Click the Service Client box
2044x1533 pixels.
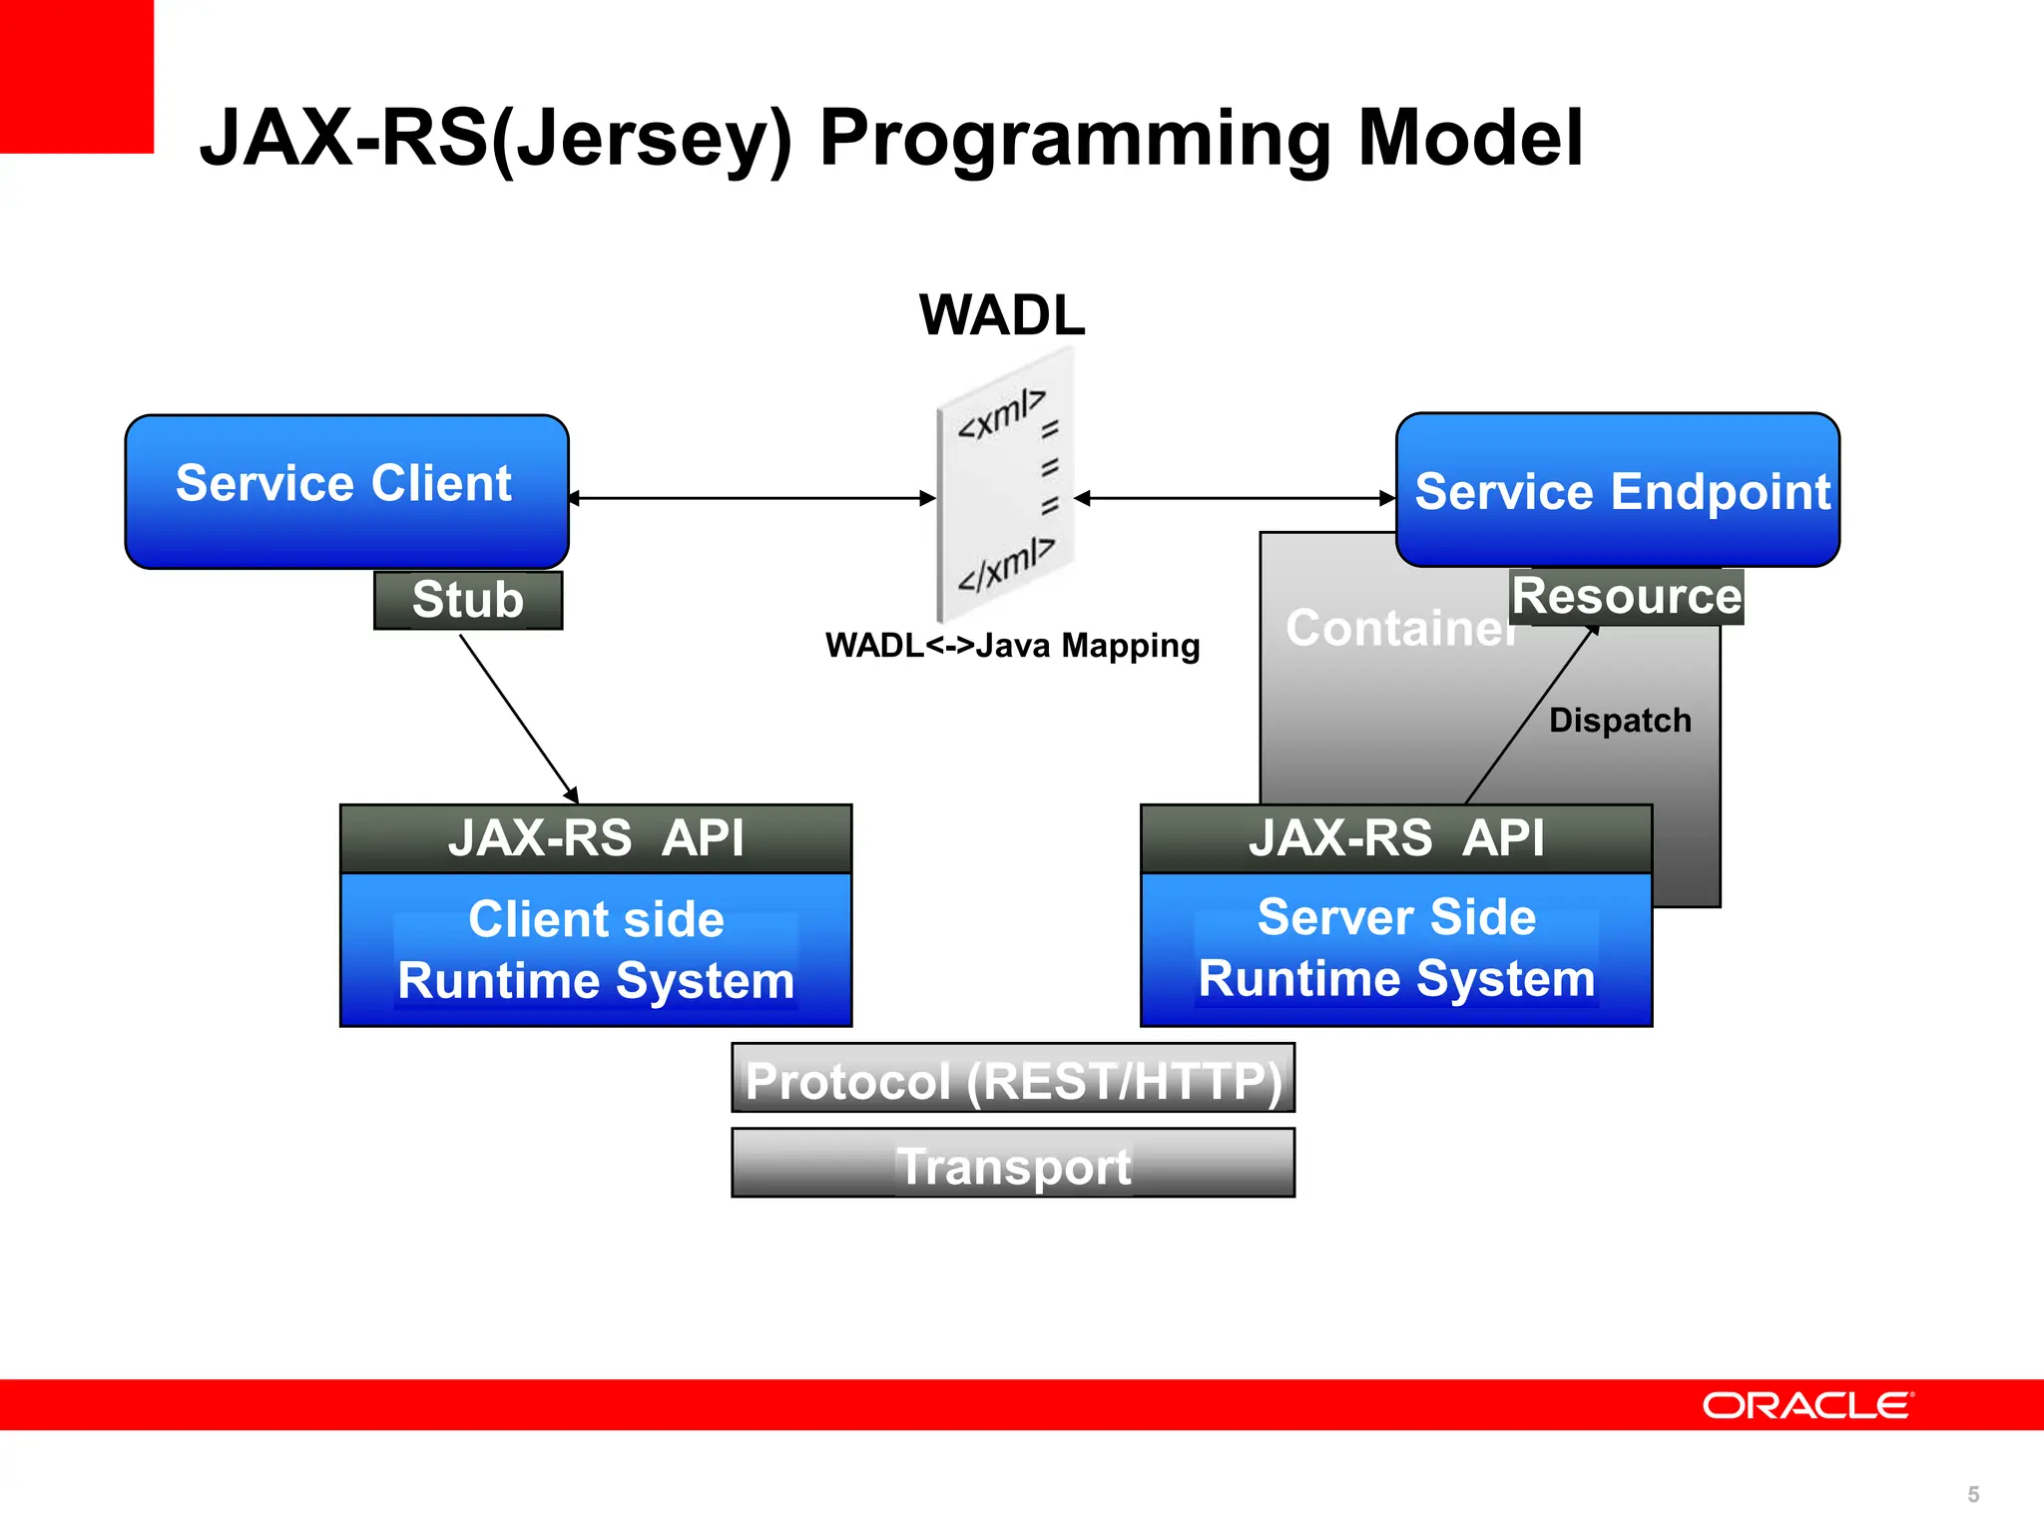pos(346,491)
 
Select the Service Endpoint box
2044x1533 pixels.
pos(1617,490)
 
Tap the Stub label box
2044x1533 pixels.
pos(468,600)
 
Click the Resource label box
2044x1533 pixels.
pos(1626,597)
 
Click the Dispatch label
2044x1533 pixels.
pos(1619,721)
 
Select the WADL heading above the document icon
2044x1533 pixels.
pos(1001,315)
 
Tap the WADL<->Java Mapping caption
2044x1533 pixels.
pos(1012,646)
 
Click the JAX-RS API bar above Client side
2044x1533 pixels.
pos(596,838)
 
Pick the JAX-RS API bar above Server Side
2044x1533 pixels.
pos(1396,838)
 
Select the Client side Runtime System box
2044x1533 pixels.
pos(596,949)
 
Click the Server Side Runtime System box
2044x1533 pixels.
pos(1396,948)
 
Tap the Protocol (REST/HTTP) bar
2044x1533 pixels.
pos(1013,1079)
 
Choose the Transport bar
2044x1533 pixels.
pos(1013,1164)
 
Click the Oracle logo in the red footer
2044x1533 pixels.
pos(1807,1405)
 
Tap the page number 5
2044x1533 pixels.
pos(1972,1494)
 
